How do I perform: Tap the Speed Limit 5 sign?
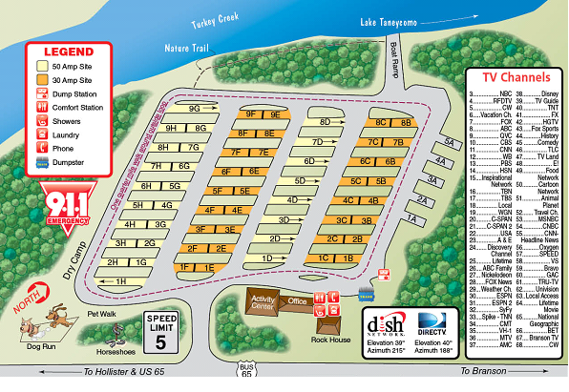161,329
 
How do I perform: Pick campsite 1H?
121,281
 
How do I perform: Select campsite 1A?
413,219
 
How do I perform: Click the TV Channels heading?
516,76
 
